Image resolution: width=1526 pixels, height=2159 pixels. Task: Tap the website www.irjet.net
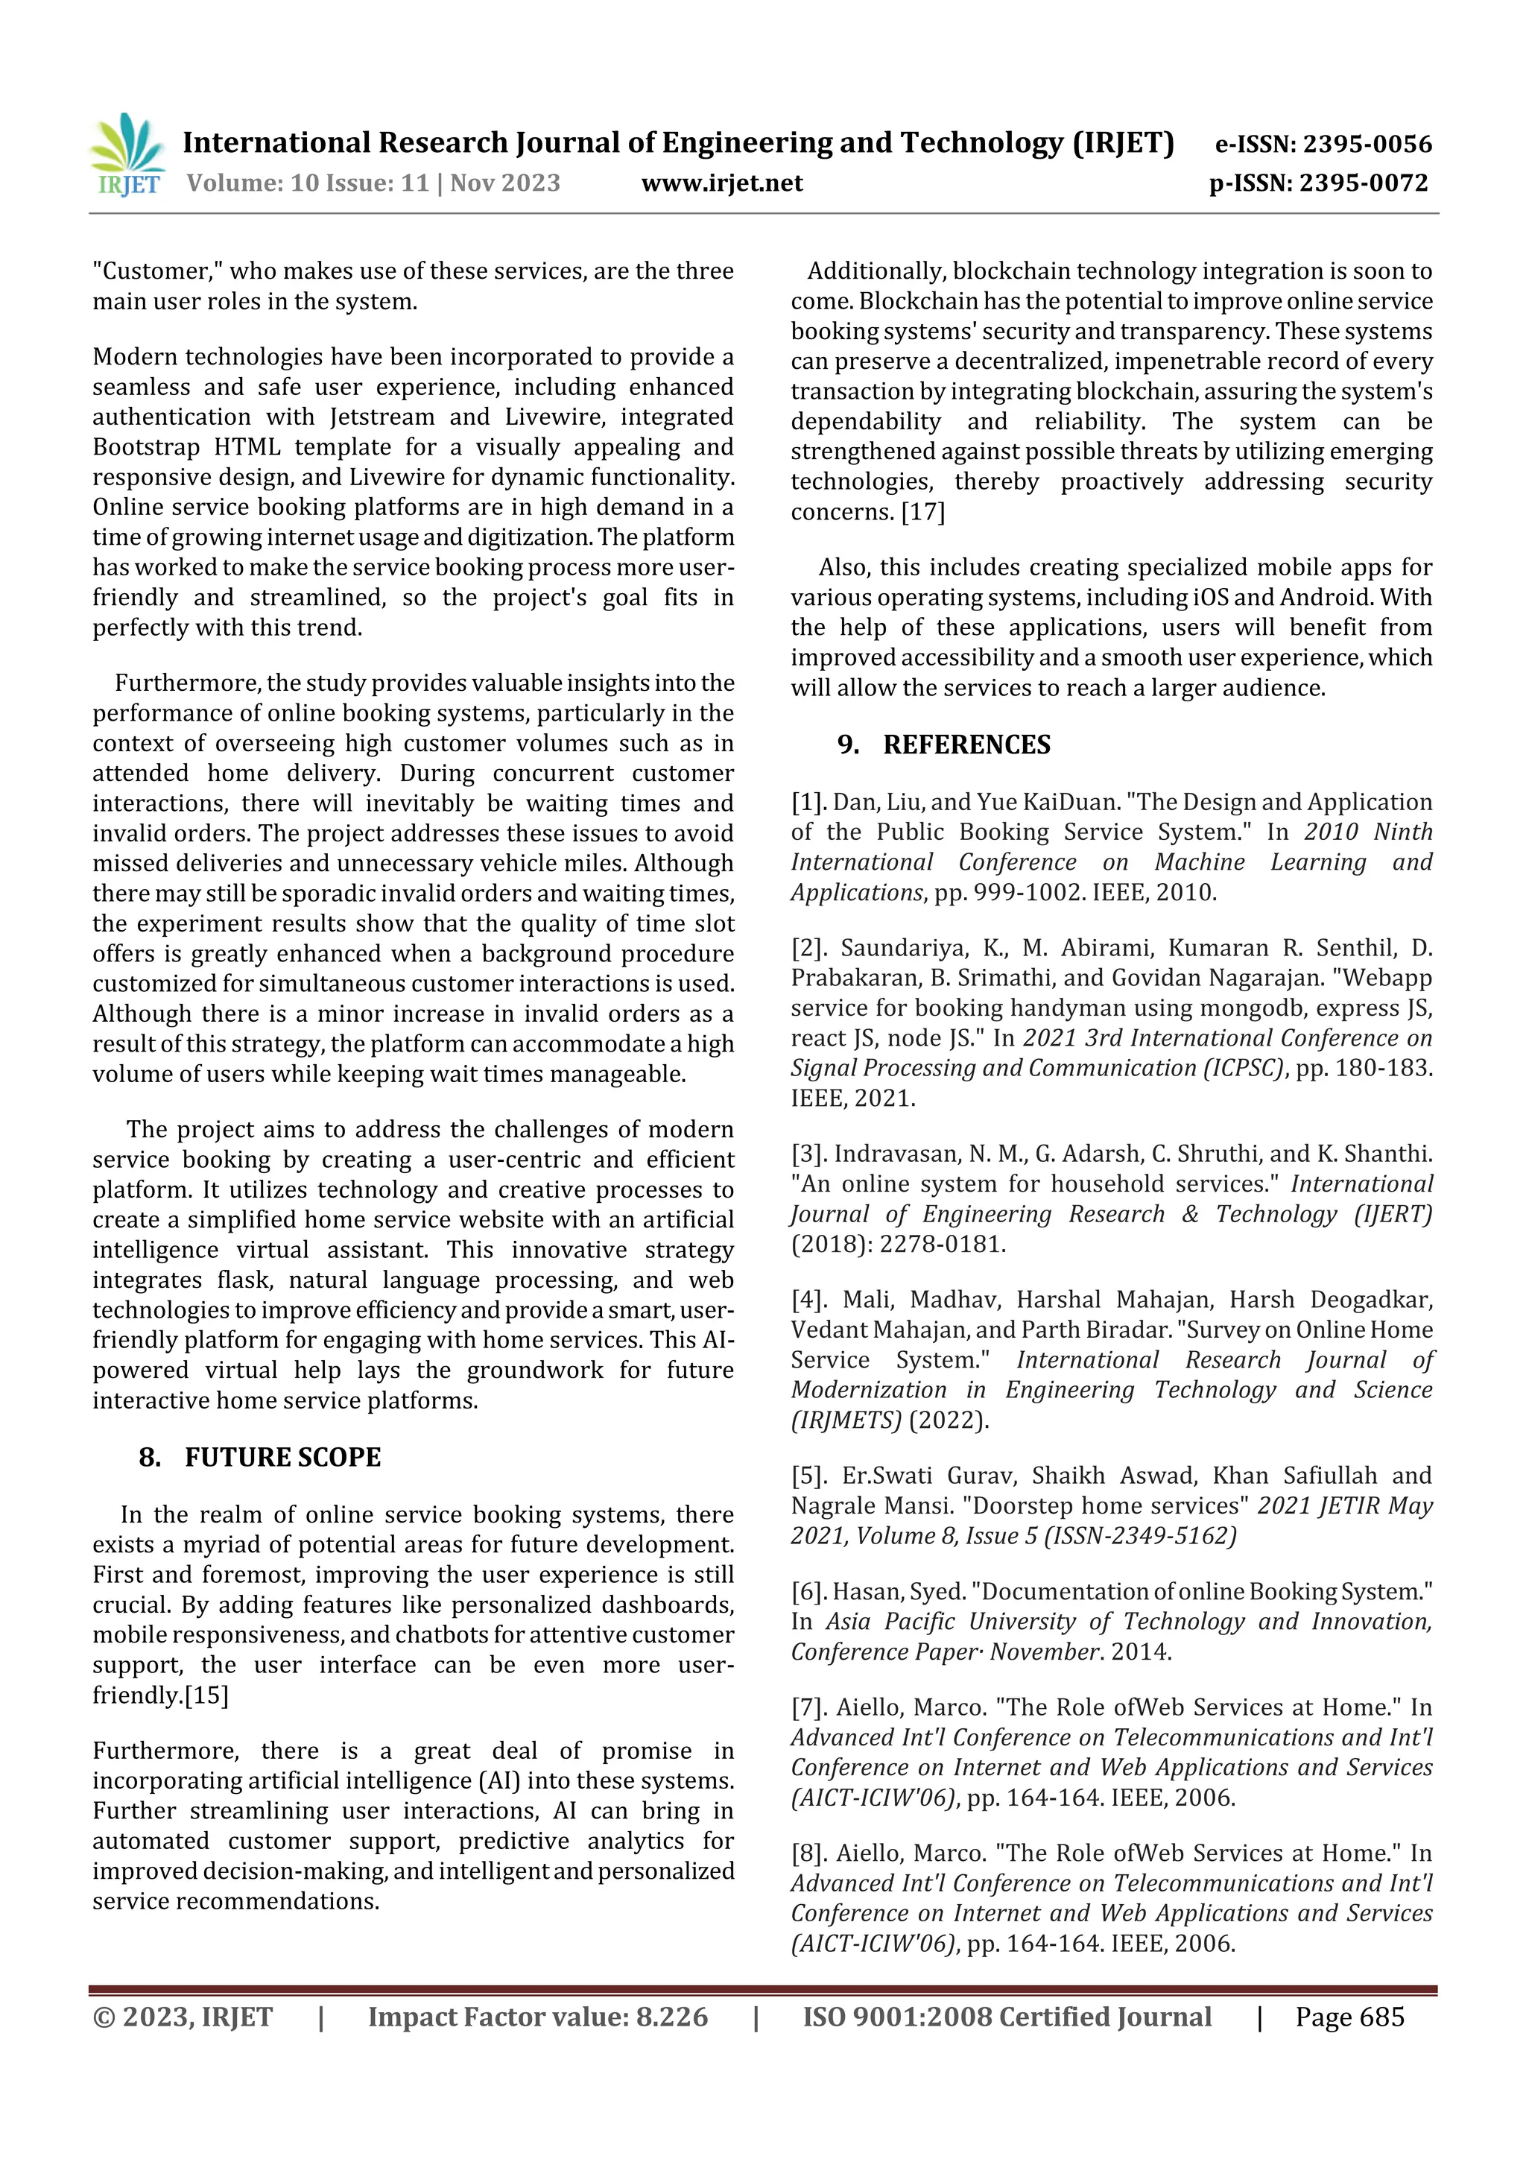coord(721,183)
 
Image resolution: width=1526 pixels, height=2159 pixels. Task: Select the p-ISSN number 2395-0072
coord(1364,183)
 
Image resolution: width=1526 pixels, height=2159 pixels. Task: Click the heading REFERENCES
coord(966,744)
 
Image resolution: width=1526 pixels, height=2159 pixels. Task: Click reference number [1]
coord(808,802)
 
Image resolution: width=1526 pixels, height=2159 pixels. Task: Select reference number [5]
coord(809,1476)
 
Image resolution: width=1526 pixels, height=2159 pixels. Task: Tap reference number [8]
coord(808,1853)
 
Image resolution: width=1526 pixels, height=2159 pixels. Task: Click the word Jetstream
coord(381,417)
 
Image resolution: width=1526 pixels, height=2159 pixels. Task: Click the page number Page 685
coord(1349,2017)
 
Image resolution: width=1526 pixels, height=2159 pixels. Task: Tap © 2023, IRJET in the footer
coord(183,2017)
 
